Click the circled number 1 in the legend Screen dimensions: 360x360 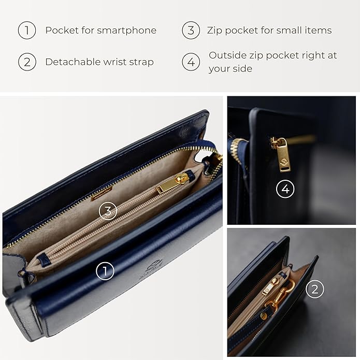coord(27,31)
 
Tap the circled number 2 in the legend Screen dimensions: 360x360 coord(27,62)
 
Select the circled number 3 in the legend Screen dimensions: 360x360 coord(191,31)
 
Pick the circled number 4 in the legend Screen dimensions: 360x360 coord(191,62)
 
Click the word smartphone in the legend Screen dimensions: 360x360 coord(128,31)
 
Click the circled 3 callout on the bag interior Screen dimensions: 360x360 coord(107,211)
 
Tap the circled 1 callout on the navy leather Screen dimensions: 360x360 coord(105,270)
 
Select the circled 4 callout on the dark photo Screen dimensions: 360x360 coord(285,190)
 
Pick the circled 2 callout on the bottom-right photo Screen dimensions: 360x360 coord(314,289)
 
